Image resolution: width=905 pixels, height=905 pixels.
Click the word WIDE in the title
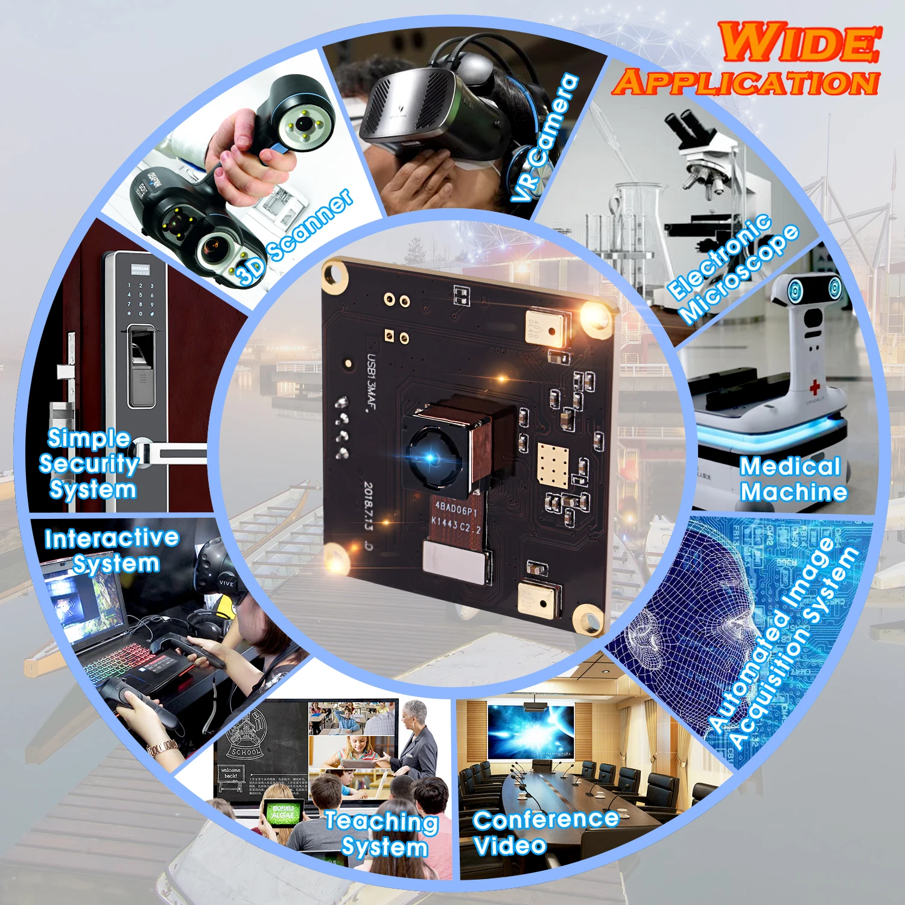(x=799, y=42)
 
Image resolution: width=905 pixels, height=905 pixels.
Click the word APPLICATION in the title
(x=746, y=83)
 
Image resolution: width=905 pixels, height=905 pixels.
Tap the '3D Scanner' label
(x=296, y=237)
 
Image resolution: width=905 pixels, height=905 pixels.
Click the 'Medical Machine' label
(x=792, y=479)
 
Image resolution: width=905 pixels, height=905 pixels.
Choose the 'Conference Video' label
(x=543, y=832)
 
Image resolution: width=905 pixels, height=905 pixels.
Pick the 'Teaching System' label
(x=382, y=834)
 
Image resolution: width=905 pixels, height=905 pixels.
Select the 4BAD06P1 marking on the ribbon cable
(x=456, y=509)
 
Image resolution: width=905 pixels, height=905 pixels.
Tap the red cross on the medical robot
(x=815, y=387)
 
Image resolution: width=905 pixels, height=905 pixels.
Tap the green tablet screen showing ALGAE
(x=282, y=814)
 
